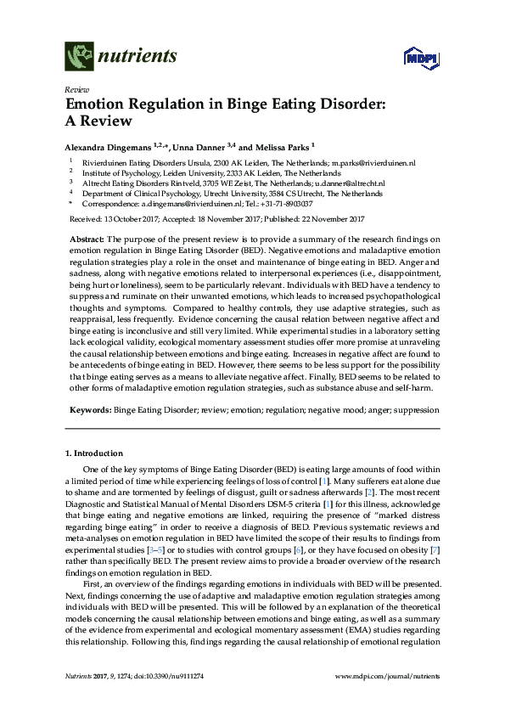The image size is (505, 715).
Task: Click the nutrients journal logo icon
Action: [x=78, y=58]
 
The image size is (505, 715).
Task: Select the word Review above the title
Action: [x=76, y=90]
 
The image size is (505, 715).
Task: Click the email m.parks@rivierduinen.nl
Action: [x=373, y=161]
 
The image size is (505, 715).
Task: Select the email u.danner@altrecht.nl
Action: [x=349, y=183]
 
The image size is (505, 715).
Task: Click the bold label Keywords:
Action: [x=89, y=409]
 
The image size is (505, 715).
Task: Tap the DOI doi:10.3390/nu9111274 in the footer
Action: [x=156, y=698]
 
